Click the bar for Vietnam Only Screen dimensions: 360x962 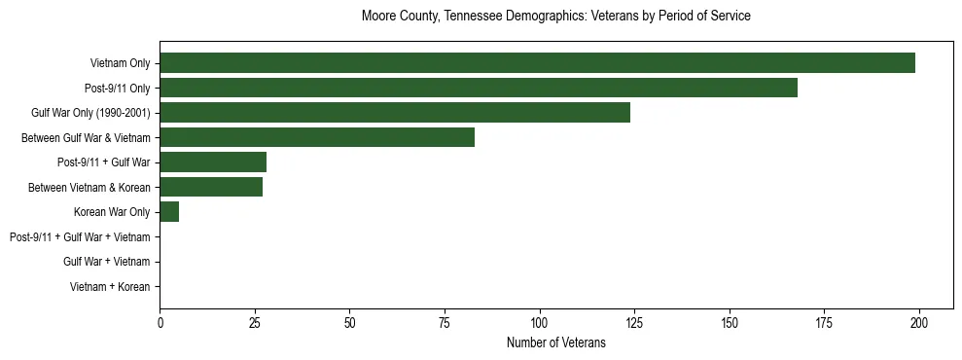tap(537, 63)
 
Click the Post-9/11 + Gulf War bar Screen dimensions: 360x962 tap(213, 162)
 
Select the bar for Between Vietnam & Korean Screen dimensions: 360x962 tap(211, 187)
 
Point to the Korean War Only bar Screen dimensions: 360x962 tap(169, 212)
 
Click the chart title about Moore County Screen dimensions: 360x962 tap(555, 17)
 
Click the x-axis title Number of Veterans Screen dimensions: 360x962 tap(555, 342)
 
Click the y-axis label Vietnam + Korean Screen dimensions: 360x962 tap(110, 287)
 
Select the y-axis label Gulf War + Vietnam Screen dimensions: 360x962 tap(106, 262)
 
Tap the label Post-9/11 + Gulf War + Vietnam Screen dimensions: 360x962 tap(80, 237)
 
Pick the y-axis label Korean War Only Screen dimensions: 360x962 tap(112, 212)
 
